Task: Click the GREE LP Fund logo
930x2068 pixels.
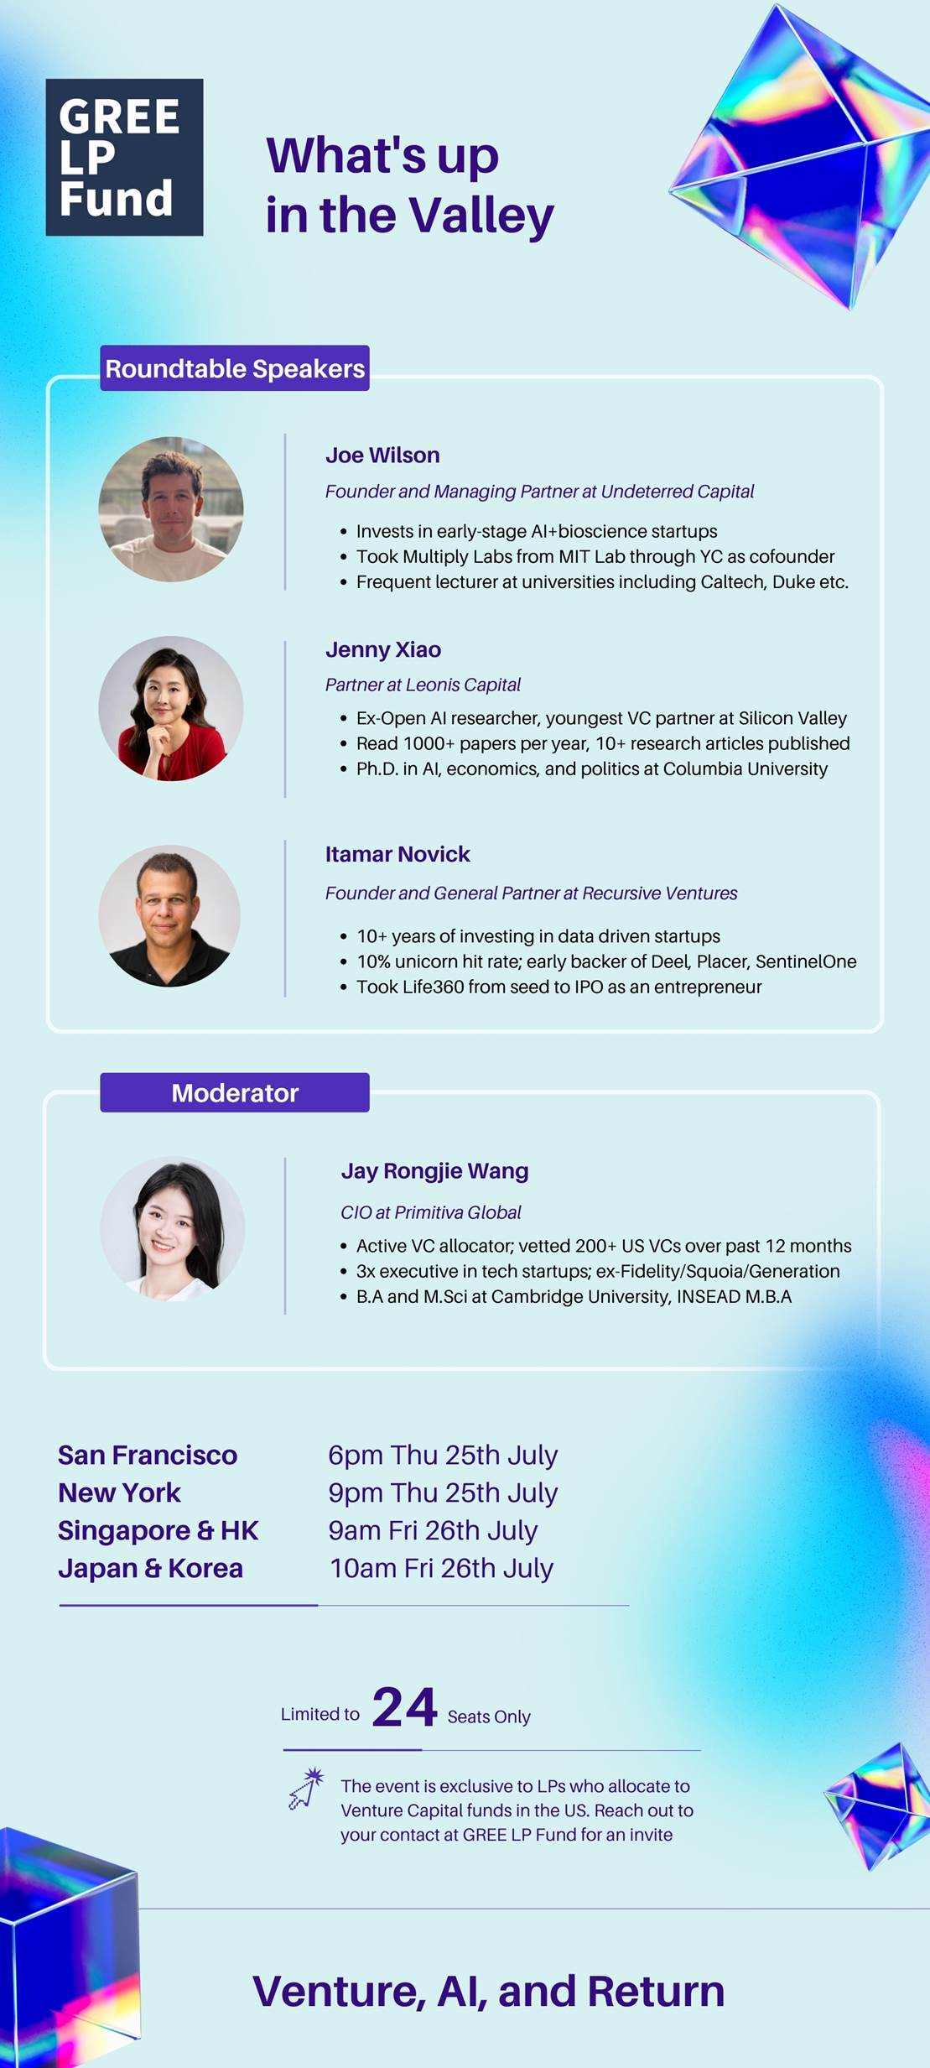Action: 124,157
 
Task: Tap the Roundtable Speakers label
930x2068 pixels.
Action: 235,368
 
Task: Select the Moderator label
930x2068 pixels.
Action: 235,1092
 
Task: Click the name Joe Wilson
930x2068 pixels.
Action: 382,455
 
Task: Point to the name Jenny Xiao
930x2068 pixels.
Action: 383,649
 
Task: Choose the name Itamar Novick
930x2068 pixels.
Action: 397,854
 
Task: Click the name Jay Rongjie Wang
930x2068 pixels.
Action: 434,1171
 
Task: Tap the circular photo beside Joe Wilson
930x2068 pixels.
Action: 171,509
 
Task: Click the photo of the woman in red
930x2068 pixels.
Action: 171,709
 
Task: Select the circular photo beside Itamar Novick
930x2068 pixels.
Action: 169,916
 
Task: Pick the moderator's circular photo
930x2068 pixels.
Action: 173,1229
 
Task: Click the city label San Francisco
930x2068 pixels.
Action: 148,1455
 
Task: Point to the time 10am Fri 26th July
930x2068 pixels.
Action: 442,1568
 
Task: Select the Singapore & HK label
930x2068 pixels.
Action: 158,1530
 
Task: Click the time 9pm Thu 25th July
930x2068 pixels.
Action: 443,1492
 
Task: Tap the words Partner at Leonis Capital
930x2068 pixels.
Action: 423,685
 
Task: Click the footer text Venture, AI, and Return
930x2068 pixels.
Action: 489,1991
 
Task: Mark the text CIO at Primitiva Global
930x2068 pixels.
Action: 431,1212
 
